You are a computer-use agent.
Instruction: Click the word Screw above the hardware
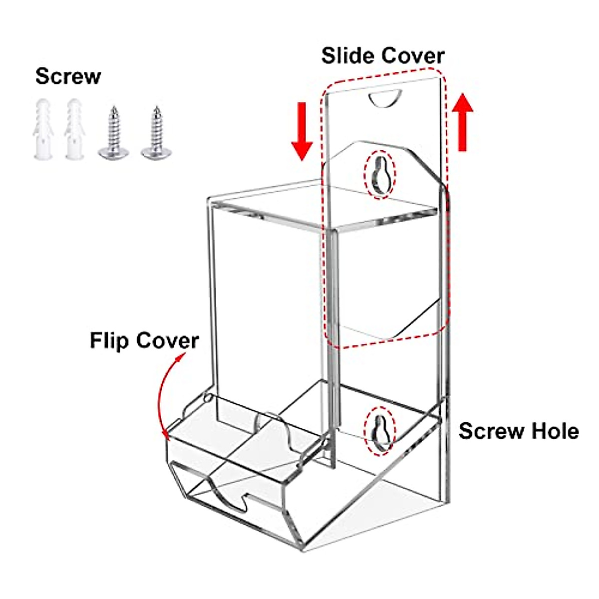point(68,76)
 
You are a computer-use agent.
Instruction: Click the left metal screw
point(114,133)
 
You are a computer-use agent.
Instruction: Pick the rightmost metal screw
point(155,133)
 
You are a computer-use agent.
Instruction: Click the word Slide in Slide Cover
point(347,55)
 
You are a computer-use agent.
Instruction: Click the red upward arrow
point(463,122)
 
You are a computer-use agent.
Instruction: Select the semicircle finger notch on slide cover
point(385,97)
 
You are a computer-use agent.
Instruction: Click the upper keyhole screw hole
point(380,174)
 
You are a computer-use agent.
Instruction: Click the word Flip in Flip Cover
point(110,341)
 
